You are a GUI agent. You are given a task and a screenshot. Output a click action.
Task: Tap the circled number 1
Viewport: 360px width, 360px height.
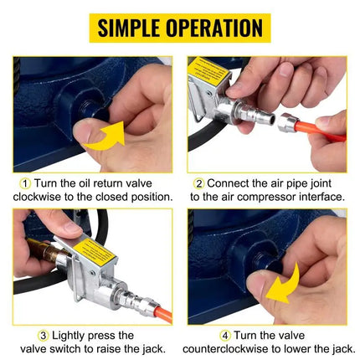click(26, 183)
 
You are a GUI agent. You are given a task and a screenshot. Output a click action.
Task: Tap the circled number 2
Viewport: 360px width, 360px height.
click(199, 183)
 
